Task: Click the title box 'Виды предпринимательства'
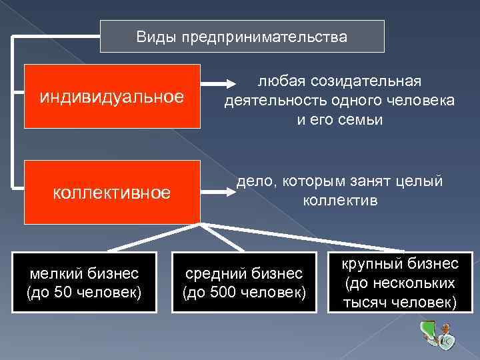[242, 36]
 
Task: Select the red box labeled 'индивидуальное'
[112, 96]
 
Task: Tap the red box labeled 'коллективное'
[112, 192]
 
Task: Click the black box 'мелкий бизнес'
[83, 283]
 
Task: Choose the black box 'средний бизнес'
[244, 283]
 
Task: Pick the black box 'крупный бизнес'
[400, 283]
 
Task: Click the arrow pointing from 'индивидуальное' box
[217, 85]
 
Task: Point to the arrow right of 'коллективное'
[217, 193]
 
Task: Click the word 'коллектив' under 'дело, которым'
[340, 200]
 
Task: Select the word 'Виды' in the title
[153, 37]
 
